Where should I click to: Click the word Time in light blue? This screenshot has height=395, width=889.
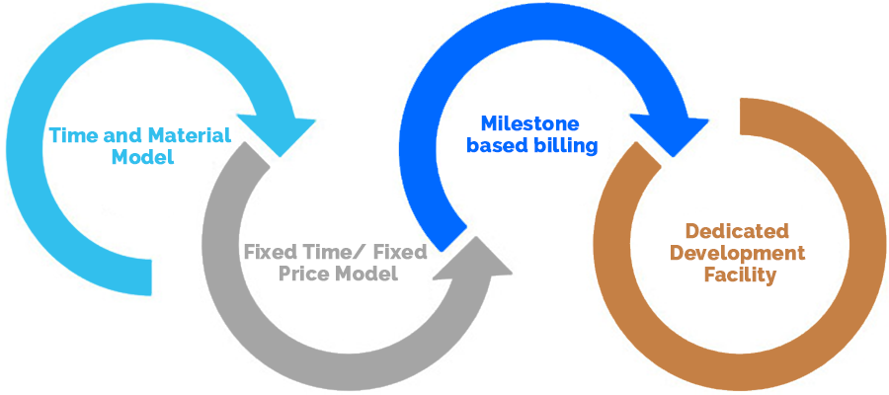(71, 135)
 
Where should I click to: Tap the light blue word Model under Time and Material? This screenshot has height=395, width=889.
(141, 157)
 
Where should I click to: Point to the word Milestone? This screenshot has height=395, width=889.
(529, 124)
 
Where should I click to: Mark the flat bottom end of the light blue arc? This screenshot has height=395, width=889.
(149, 276)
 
